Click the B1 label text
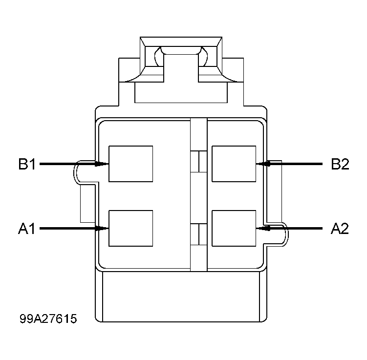point(27,164)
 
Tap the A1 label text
point(27,228)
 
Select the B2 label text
point(340,164)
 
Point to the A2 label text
point(340,228)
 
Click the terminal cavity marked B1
point(130,164)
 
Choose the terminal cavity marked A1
point(130,228)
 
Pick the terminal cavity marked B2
point(234,164)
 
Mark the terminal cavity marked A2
point(234,228)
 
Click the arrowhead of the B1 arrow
point(103,164)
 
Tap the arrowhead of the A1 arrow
point(103,228)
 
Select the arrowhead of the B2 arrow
point(262,164)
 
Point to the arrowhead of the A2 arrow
point(262,228)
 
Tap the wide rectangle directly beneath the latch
point(181,93)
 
